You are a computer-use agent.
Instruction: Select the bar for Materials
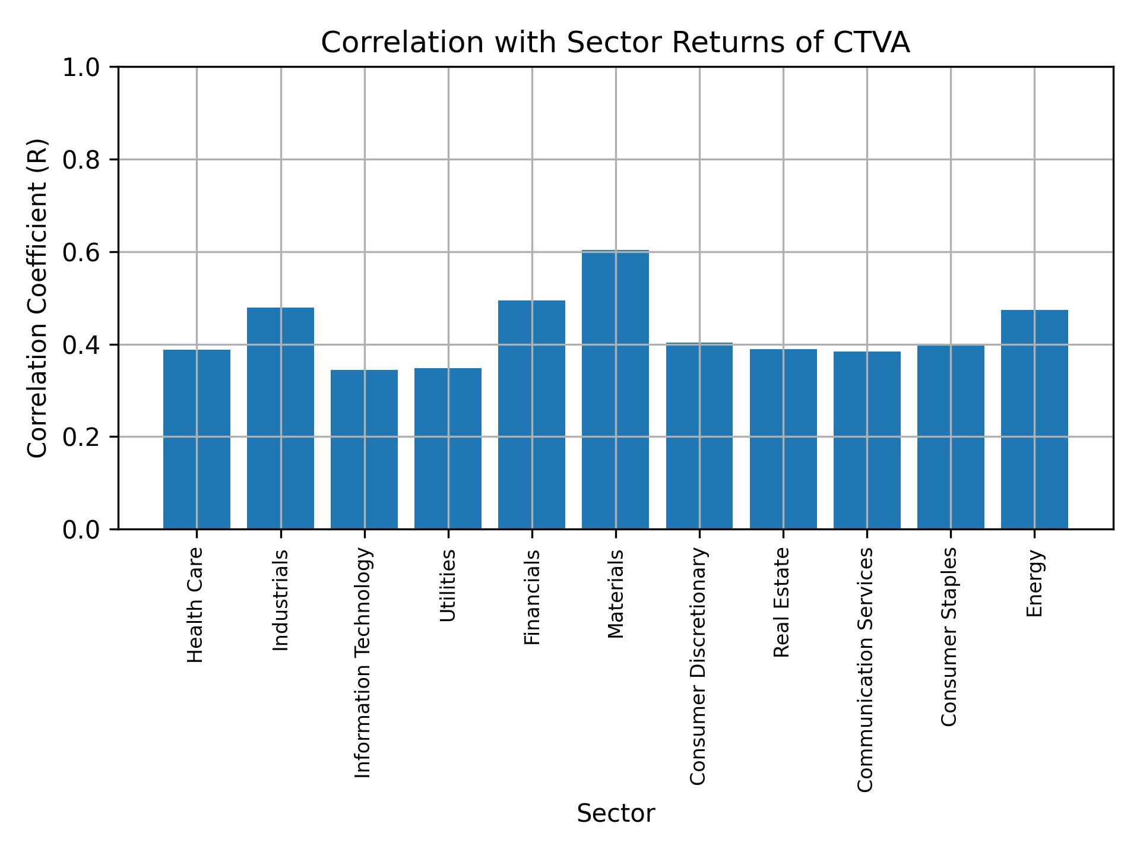coord(615,389)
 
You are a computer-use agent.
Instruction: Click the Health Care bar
coord(197,439)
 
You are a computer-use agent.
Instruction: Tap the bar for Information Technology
coord(364,449)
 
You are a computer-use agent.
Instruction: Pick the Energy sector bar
coord(1034,419)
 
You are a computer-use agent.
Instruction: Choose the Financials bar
coord(531,414)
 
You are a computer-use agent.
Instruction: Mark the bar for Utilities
coord(448,448)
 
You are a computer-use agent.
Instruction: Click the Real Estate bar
coord(783,439)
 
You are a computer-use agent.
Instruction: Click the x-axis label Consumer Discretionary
coord(698,666)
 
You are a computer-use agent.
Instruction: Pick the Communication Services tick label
coord(866,669)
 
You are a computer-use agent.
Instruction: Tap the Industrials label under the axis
coord(280,600)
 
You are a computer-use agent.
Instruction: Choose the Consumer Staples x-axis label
coord(949,636)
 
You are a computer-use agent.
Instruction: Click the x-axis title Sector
coord(616,813)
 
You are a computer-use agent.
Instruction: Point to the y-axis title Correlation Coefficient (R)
coord(37,298)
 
